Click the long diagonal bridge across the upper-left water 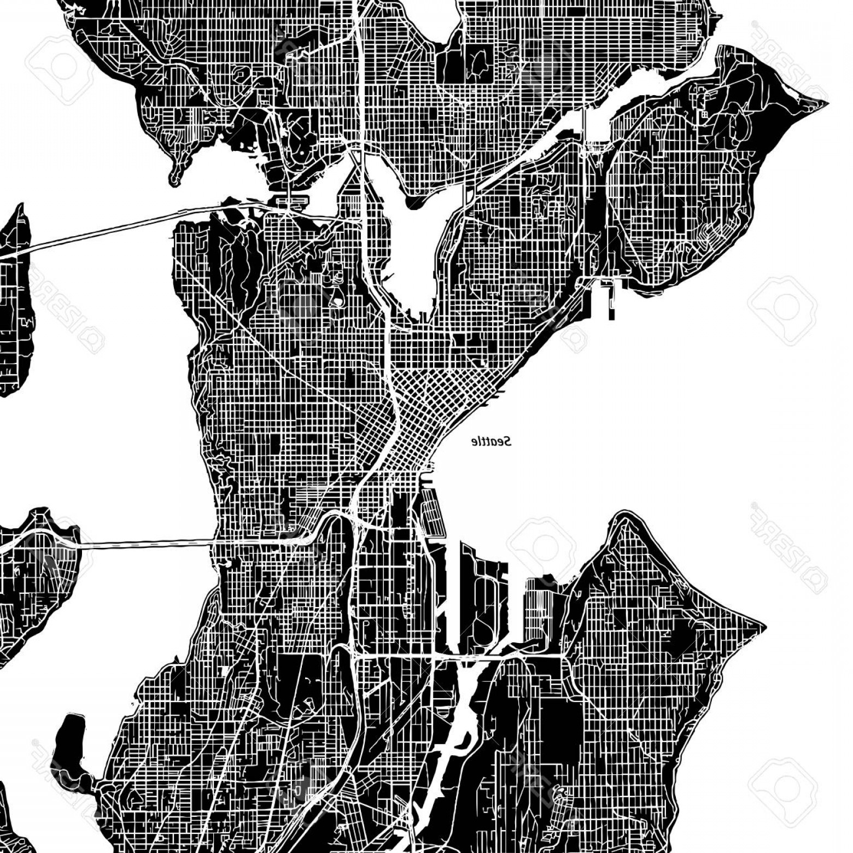[109, 229]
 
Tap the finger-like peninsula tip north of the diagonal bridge [175, 178]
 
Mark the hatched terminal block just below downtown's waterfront [433, 511]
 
